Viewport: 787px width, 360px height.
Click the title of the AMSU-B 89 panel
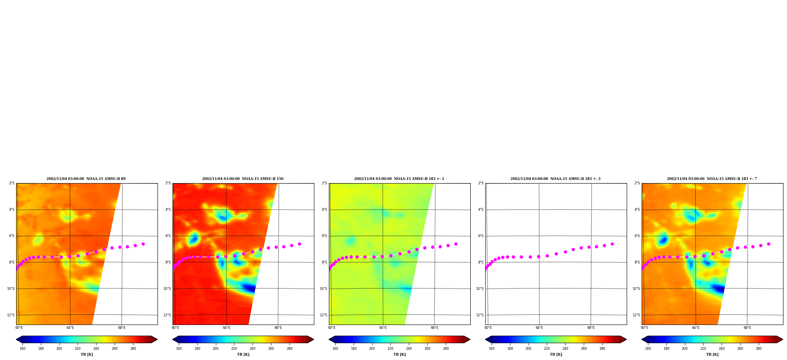86,179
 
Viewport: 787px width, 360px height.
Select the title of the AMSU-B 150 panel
243,179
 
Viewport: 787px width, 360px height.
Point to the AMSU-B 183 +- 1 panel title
399,179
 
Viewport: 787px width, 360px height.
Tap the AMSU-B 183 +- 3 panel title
555,179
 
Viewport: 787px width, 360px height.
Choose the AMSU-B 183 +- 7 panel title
712,179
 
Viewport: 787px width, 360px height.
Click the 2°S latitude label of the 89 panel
12,184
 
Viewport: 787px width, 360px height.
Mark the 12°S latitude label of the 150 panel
167,315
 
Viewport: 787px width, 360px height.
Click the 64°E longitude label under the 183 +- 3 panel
539,328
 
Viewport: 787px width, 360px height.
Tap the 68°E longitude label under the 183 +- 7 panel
747,328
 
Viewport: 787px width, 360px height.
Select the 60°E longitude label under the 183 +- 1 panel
332,328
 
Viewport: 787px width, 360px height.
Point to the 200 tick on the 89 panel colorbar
59,348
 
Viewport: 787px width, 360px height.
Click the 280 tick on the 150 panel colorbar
290,348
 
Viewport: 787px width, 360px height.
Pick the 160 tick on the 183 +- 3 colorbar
492,348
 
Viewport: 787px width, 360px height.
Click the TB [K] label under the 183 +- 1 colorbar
399,354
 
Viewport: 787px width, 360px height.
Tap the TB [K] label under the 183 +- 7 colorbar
712,354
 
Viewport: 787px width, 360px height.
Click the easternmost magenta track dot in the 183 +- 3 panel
612,244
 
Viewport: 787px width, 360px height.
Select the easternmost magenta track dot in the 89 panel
143,244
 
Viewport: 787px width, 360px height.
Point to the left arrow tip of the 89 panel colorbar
16,340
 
